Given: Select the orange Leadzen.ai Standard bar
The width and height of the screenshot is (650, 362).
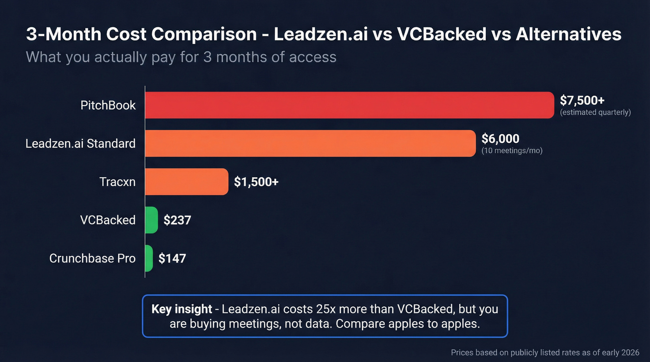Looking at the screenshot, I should coord(310,143).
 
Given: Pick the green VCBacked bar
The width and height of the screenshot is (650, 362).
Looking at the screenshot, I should coord(151,220).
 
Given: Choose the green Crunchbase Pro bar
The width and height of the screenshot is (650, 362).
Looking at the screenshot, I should coord(149,258).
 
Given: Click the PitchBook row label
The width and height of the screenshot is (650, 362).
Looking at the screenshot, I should coord(108,105).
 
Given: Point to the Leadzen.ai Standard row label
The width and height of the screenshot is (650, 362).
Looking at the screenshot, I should coord(80,143).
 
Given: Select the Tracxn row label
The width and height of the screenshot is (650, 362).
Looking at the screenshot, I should coord(117,182).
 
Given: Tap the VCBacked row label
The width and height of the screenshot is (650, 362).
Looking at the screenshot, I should coord(108,220).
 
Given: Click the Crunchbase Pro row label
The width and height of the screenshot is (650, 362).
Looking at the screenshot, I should coord(92,258).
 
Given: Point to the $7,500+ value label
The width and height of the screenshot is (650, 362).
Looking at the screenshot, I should coord(582,101).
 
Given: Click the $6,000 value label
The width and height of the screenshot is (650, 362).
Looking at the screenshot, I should coord(500,139).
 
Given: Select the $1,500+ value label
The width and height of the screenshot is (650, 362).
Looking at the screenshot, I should coord(256,182).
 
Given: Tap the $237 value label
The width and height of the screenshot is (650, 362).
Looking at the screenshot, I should coord(177,220).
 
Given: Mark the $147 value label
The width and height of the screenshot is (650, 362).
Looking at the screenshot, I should coord(172,259).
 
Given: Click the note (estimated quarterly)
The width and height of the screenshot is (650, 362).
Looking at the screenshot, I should coord(596,113).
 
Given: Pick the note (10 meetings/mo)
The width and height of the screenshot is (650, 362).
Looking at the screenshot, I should coord(512,151).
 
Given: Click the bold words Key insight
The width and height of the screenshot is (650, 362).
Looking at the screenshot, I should coord(182,309).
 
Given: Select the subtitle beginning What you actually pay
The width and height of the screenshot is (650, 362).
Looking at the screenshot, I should coord(181,57).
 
